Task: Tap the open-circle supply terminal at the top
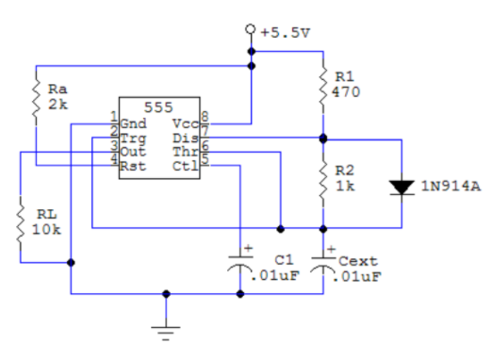(x=251, y=30)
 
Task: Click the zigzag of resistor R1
(x=322, y=85)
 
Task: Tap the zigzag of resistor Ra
(x=36, y=97)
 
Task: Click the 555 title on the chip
(x=160, y=107)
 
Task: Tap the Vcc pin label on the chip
(x=185, y=123)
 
